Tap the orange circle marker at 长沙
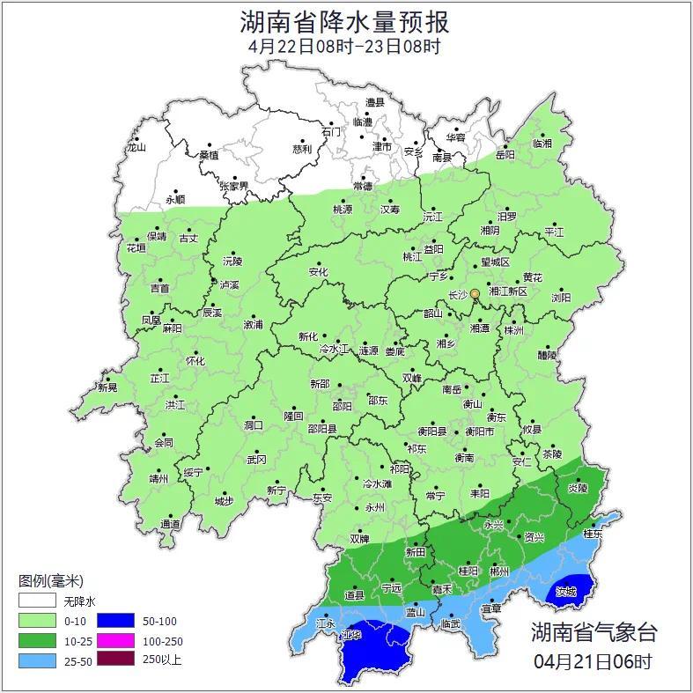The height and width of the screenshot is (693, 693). [476, 293]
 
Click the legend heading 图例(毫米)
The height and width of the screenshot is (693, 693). [50, 580]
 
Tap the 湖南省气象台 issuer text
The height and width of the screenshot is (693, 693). [593, 632]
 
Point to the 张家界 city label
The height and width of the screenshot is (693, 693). [234, 187]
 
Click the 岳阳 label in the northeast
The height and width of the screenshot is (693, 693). [505, 155]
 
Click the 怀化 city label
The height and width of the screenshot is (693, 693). [195, 361]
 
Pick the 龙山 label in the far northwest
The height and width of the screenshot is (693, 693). [136, 148]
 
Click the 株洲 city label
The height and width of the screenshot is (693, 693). [513, 330]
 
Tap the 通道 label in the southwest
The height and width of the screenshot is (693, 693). [170, 525]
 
